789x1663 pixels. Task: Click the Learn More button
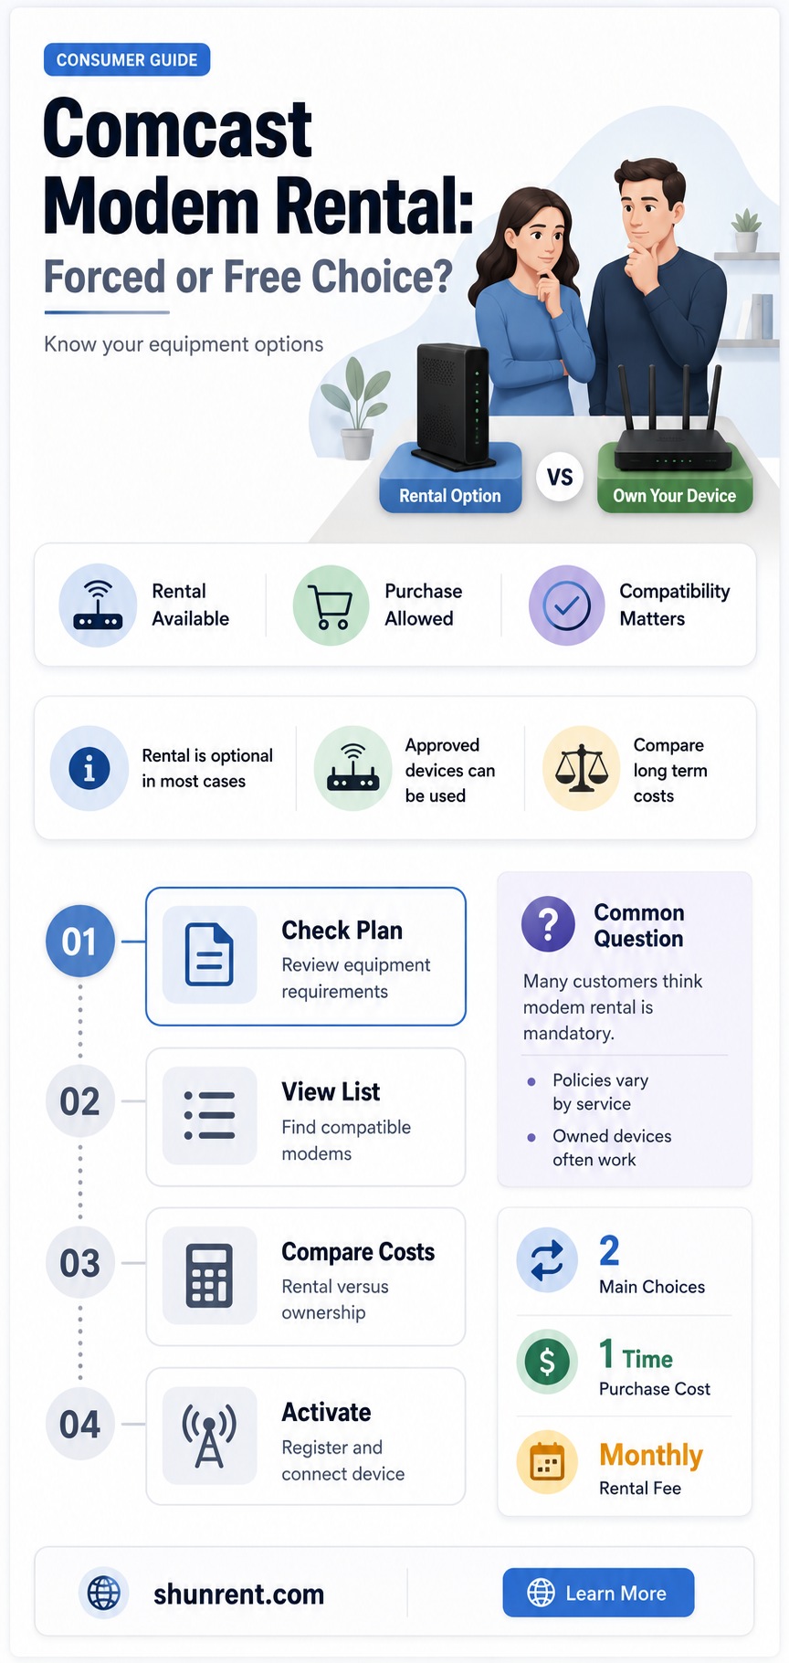(598, 1593)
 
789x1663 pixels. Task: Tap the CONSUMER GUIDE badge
(127, 59)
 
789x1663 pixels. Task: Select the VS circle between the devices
(560, 477)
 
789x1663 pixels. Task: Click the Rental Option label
(450, 496)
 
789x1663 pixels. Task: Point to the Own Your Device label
(675, 496)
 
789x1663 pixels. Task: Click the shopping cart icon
(331, 605)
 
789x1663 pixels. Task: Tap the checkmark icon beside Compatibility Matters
(567, 605)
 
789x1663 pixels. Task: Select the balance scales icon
(582, 768)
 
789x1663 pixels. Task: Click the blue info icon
(89, 768)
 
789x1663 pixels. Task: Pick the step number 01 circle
(80, 941)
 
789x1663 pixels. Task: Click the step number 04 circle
(80, 1424)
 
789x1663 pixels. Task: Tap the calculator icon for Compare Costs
(209, 1275)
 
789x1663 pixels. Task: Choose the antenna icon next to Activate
(209, 1436)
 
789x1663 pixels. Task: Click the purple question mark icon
(548, 924)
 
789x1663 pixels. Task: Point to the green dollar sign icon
(547, 1362)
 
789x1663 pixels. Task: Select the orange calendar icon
(547, 1463)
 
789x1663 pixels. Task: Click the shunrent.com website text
(239, 1594)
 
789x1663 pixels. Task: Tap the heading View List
(331, 1091)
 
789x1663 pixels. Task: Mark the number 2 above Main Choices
(609, 1250)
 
